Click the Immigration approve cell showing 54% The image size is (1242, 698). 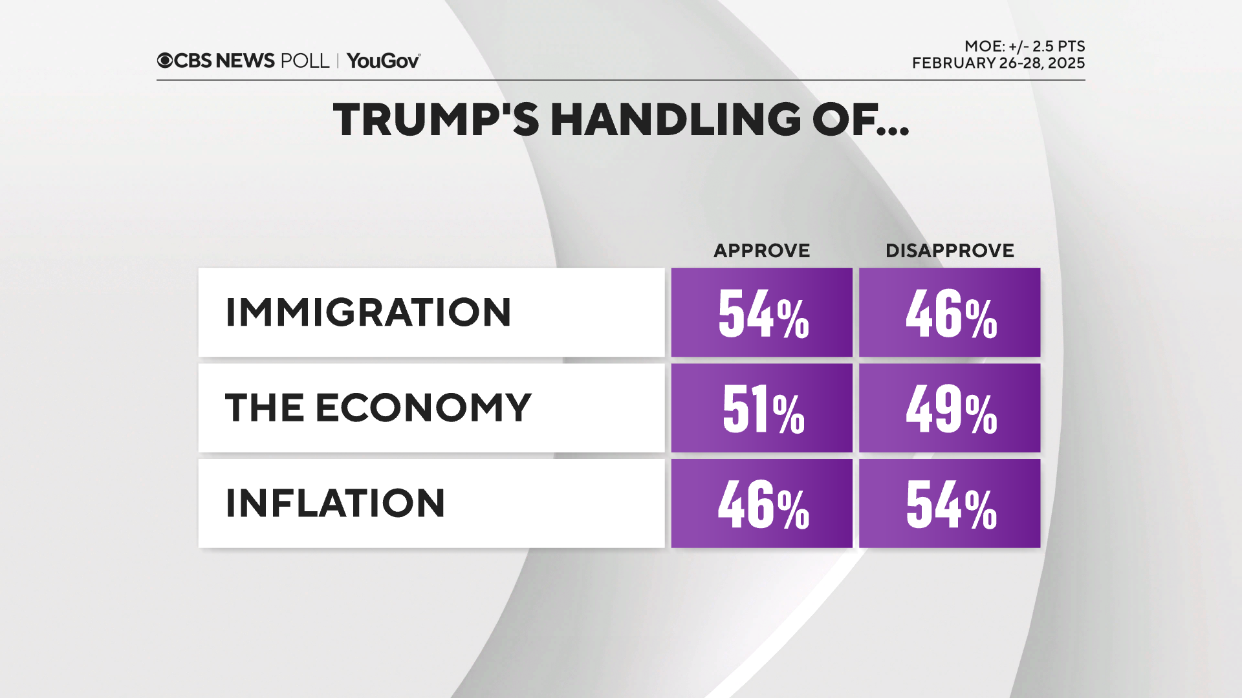tap(762, 313)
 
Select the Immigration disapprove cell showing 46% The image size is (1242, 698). tap(950, 313)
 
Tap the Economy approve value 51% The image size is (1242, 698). tap(762, 408)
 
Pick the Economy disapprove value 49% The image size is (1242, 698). tap(950, 408)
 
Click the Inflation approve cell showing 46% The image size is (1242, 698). tap(762, 504)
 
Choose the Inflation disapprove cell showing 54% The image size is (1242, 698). tap(950, 504)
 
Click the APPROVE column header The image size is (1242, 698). tap(761, 251)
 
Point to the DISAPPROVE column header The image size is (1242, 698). tap(950, 251)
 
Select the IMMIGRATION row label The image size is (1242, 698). tap(368, 313)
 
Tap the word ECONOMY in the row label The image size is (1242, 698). tap(424, 408)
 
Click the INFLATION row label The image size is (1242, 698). tap(335, 503)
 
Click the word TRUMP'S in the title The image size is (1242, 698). tap(436, 120)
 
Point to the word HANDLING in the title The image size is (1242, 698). tap(676, 120)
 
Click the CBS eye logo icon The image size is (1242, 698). tap(165, 61)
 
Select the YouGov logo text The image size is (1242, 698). tap(383, 61)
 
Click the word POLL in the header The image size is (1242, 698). tap(305, 61)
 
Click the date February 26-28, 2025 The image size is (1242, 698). tap(998, 63)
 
